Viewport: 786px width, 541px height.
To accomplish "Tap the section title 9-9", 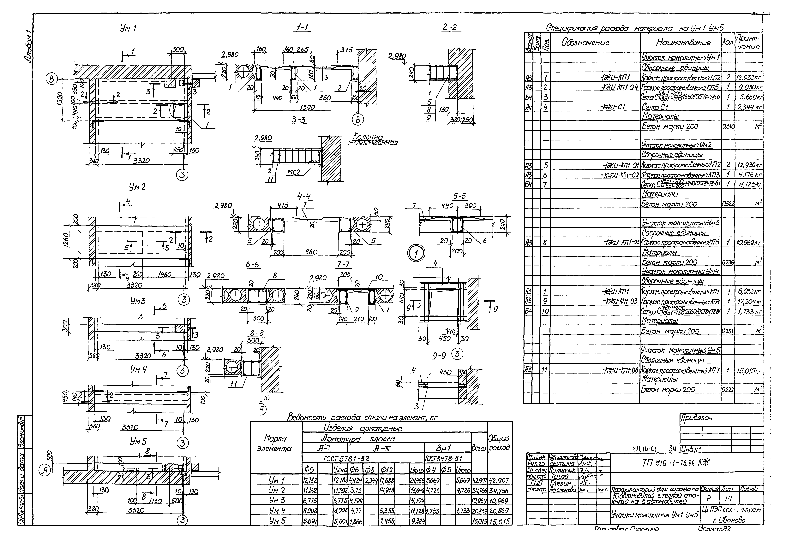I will (439, 356).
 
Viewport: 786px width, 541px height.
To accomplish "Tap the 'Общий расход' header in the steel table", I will (500, 443).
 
